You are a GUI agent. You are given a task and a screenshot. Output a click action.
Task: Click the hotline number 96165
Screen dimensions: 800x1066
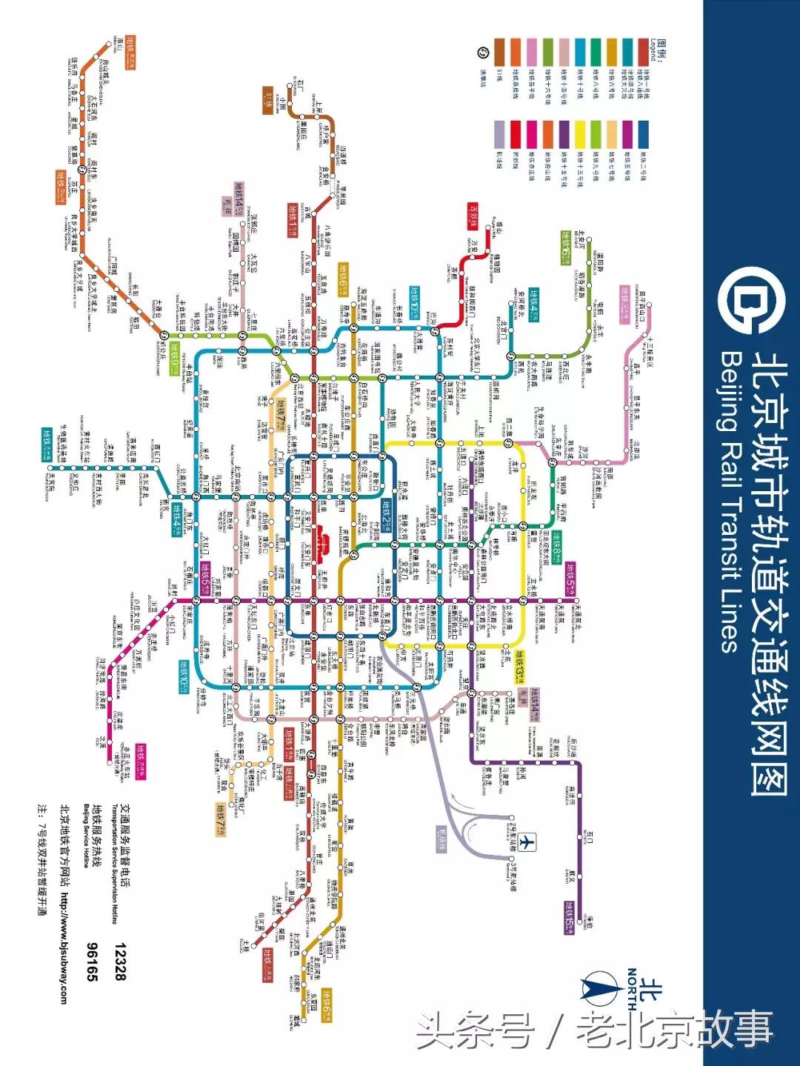93,962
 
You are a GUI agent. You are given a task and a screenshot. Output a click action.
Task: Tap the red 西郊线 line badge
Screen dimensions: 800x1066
473,217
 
